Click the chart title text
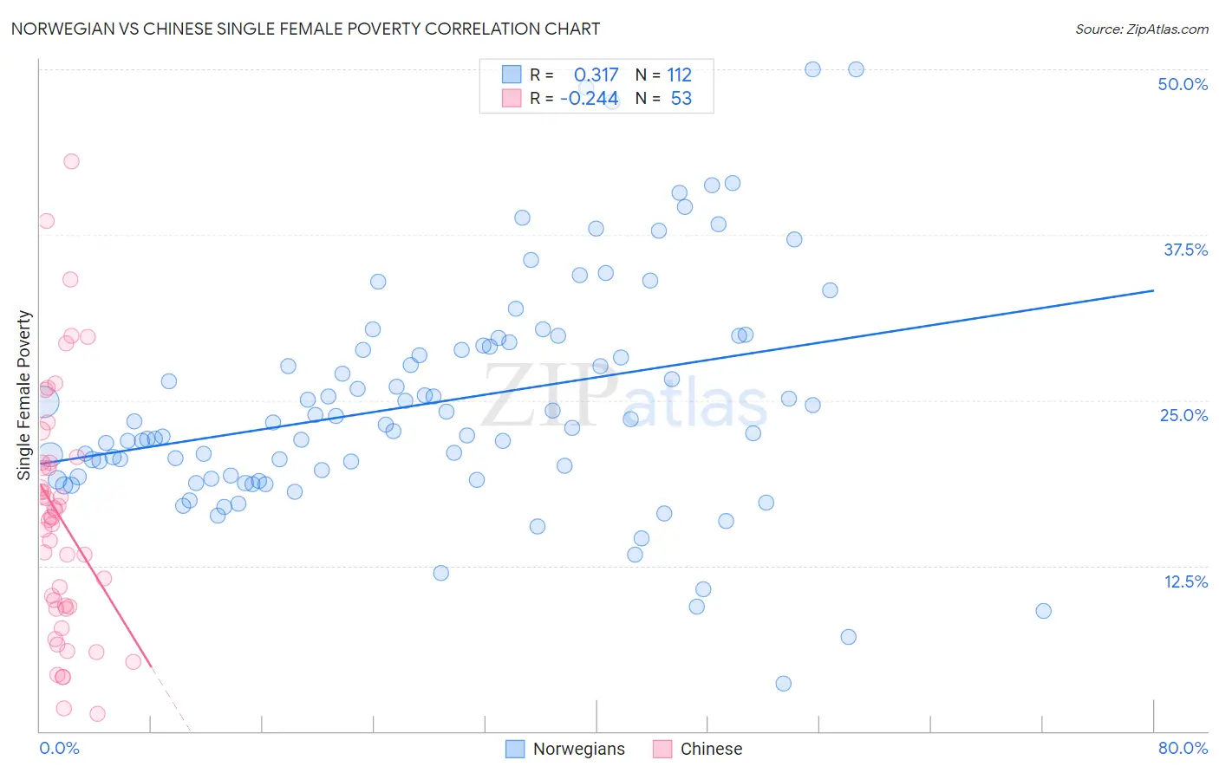(305, 29)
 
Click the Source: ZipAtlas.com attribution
(1141, 29)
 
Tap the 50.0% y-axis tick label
(1183, 84)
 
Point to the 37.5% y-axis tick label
(1185, 250)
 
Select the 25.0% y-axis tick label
(1183, 415)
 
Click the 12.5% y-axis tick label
(1185, 581)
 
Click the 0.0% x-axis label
(59, 748)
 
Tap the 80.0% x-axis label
(1183, 748)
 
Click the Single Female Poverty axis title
(24, 395)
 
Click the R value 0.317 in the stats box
(596, 75)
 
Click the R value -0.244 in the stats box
(590, 99)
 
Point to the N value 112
(679, 75)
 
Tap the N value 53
(681, 99)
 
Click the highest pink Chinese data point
(71, 161)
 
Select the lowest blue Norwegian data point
(783, 684)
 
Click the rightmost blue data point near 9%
(1043, 611)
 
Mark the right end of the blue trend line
(1153, 290)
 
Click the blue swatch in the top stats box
(512, 75)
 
